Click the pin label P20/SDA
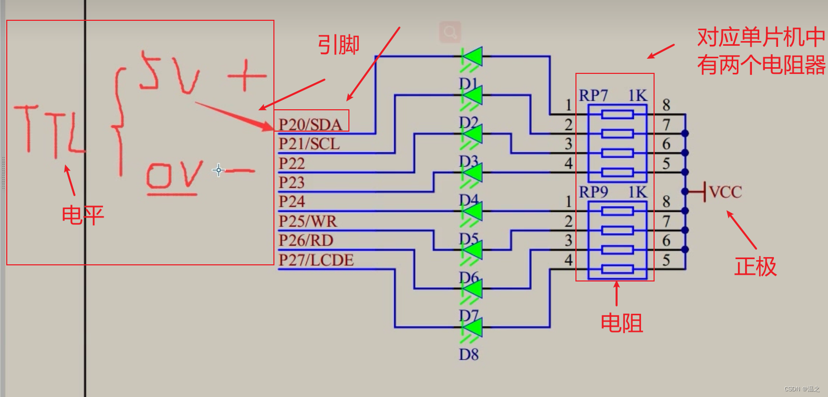click(x=310, y=124)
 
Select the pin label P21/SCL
click(x=309, y=144)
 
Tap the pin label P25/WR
click(x=307, y=221)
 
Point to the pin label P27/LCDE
click(x=316, y=260)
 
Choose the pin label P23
click(x=291, y=182)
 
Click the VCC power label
click(x=725, y=192)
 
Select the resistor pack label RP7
click(x=593, y=96)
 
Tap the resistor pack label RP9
click(x=593, y=192)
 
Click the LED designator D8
click(x=468, y=355)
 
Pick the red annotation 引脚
click(x=338, y=45)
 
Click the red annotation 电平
click(x=83, y=214)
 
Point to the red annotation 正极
click(x=755, y=266)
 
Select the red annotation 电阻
click(x=621, y=323)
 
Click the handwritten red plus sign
click(x=246, y=76)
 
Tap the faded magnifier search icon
click(x=450, y=32)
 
